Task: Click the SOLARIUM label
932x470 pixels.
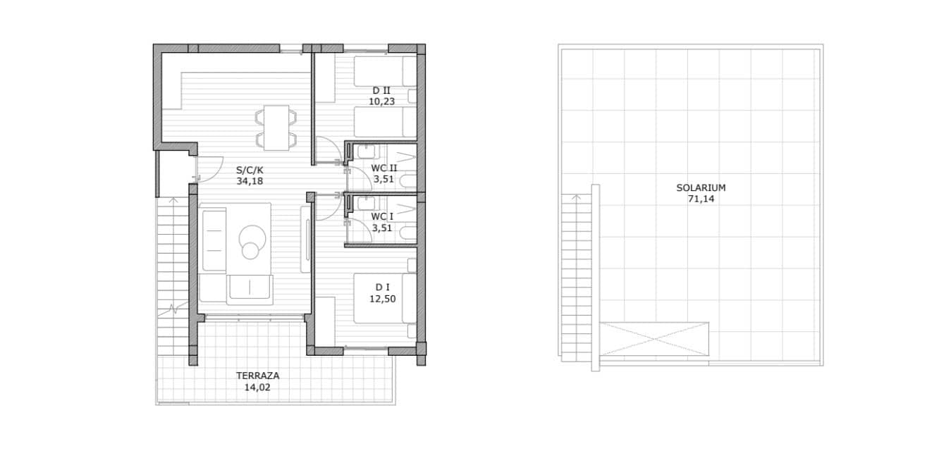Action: [x=701, y=187]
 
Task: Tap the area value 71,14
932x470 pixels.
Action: [x=701, y=199]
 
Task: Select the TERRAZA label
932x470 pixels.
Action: [x=258, y=376]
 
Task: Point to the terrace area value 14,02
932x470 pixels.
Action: [x=257, y=388]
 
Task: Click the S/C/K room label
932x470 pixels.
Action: [x=250, y=170]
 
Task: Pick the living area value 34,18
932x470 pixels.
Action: [x=250, y=181]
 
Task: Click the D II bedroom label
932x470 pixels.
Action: [x=381, y=90]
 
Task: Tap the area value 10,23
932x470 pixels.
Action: [x=381, y=101]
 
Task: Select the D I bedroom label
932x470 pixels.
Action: [x=383, y=287]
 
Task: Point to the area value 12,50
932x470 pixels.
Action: [x=383, y=299]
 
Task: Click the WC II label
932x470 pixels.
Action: [x=384, y=168]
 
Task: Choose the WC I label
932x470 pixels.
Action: [x=382, y=217]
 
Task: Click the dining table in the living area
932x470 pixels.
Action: [x=276, y=128]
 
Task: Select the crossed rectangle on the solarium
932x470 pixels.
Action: [x=654, y=339]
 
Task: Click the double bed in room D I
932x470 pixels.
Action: [x=386, y=298]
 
